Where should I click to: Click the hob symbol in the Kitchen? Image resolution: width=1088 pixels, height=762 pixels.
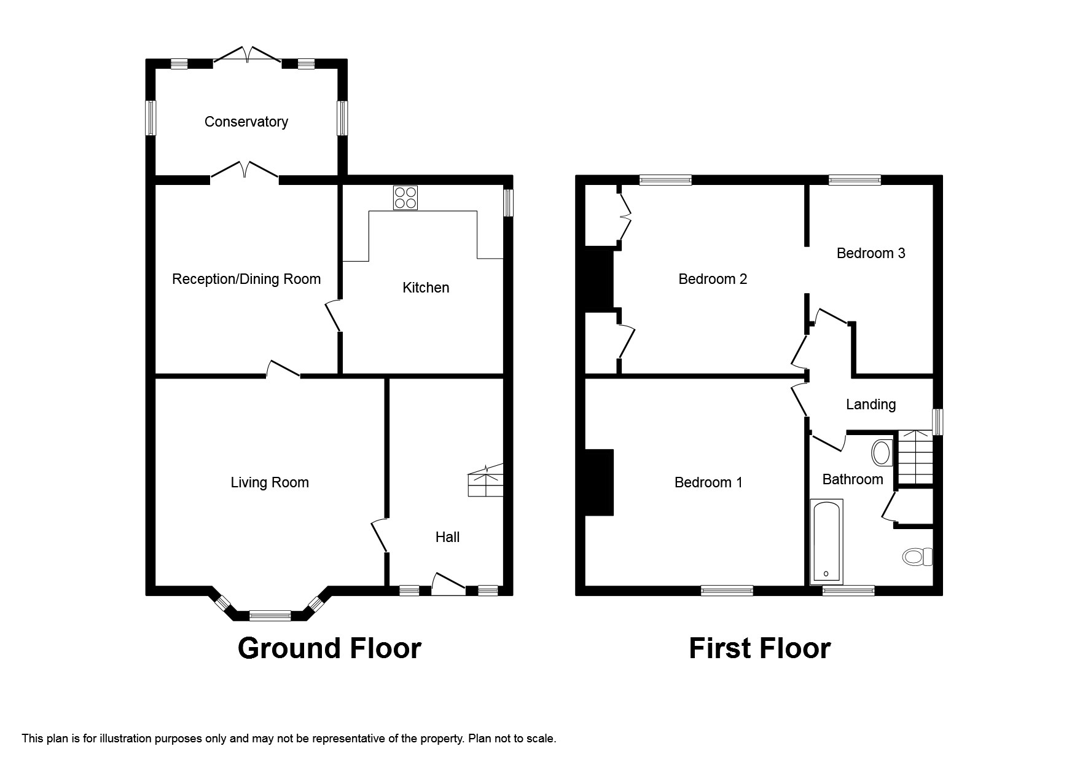pos(405,198)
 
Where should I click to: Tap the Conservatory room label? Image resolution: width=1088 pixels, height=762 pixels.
pos(246,122)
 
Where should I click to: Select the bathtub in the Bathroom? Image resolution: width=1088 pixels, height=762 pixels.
pos(826,541)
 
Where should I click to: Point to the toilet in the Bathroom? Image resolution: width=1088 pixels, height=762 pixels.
pos(917,557)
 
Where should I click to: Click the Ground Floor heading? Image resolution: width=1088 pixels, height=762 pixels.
pos(329,648)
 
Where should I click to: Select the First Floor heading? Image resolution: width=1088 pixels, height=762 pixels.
pos(759,648)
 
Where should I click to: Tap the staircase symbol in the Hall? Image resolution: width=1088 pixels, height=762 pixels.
pos(486,481)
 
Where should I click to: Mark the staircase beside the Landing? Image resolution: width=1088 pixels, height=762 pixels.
pos(916,457)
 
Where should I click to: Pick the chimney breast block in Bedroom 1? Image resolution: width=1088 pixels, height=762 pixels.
pos(599,482)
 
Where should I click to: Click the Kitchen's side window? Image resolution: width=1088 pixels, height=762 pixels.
pos(508,203)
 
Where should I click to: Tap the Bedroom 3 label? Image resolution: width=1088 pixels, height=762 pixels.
pos(871,253)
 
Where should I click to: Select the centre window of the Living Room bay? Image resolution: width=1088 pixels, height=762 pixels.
pos(270,615)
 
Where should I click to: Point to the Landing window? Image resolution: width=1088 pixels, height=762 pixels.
pos(937,422)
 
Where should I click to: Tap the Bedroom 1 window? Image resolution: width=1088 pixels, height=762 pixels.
pos(727,591)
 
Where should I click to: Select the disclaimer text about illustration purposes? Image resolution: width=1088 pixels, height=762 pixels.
pos(289,739)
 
